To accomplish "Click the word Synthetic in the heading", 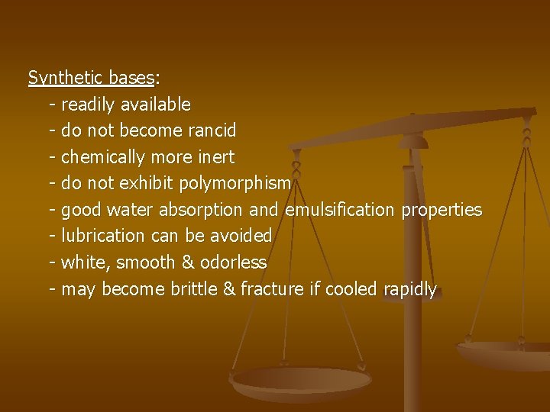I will pos(66,78).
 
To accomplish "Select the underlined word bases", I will pos(131,78).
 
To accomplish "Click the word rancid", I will pos(211,130).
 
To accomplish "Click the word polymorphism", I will pos(235,184).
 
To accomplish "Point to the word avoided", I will pos(241,237).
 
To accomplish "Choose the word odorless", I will pos(233,263).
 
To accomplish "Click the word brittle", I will pos(183,290).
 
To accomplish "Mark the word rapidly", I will pos(409,290).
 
